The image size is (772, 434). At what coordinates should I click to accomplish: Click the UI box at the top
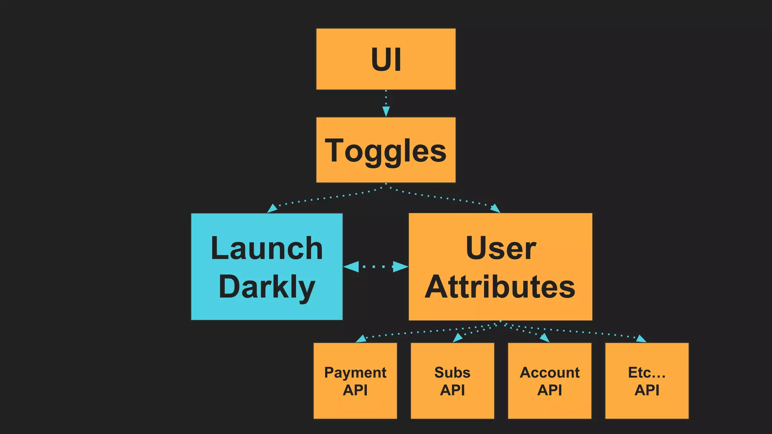point(386,59)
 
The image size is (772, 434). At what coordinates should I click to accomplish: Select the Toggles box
point(386,150)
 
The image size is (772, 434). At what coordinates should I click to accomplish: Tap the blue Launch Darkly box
point(267,267)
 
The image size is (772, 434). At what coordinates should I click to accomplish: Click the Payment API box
point(355,381)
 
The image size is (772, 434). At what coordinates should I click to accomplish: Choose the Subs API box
point(452,381)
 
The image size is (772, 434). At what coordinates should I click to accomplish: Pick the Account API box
point(550,381)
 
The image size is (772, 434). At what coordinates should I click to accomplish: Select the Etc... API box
point(647,381)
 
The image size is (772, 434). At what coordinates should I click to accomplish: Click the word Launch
point(267,248)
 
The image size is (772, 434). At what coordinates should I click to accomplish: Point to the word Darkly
point(267,287)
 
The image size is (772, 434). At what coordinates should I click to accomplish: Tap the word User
point(501,248)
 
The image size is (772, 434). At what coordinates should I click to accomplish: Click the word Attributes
point(500,287)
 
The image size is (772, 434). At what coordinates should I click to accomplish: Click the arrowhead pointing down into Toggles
point(386,111)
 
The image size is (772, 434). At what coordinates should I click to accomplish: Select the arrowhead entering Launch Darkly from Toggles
point(272,208)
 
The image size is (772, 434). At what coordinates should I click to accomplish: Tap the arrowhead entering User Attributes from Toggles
point(495,208)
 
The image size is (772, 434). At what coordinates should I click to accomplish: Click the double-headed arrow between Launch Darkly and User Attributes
point(376,267)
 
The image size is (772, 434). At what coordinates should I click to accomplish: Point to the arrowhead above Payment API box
point(361,339)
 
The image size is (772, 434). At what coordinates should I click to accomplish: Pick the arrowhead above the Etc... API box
point(641,339)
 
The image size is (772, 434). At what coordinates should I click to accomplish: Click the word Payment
point(355,373)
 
